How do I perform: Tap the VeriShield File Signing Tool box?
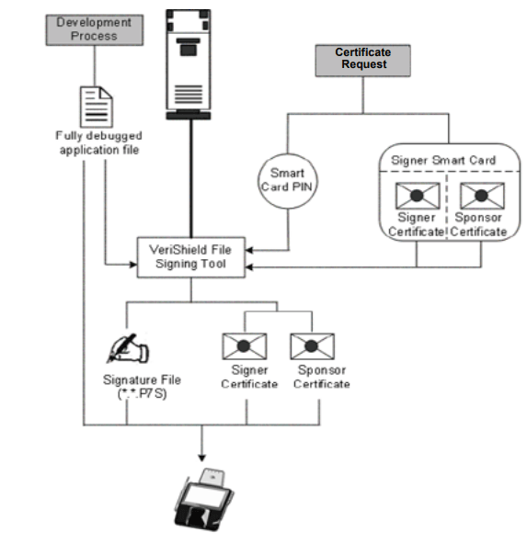click(192, 255)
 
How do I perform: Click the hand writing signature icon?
click(130, 348)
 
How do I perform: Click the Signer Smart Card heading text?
click(444, 159)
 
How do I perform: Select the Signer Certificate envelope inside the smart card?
click(410, 195)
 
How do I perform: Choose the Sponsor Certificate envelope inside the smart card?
click(480, 195)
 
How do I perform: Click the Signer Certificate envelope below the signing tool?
click(246, 347)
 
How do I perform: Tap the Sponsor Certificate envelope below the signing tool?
click(312, 347)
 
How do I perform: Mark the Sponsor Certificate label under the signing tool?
click(321, 378)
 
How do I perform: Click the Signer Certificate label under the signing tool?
click(249, 378)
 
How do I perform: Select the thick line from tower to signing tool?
click(191, 175)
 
